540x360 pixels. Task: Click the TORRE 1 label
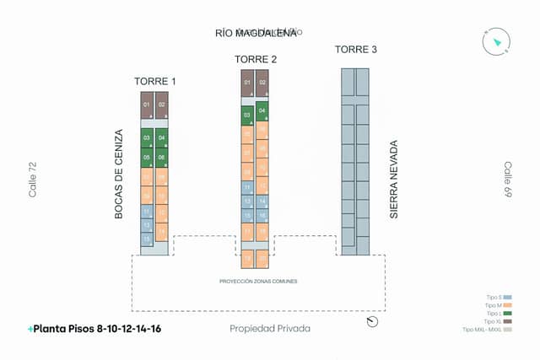click(x=155, y=82)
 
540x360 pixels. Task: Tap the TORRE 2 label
click(x=256, y=59)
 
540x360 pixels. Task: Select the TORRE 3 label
click(x=356, y=50)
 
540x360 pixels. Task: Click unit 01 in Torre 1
click(x=147, y=105)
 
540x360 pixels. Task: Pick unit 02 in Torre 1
click(x=161, y=105)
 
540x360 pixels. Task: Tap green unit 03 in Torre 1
click(x=147, y=137)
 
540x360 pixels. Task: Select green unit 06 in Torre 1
click(x=161, y=158)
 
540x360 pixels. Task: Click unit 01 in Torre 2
click(x=247, y=83)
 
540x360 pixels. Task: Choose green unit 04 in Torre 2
click(x=262, y=110)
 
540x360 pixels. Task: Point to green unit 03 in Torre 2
click(x=247, y=115)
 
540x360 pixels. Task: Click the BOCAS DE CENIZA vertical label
click(x=119, y=175)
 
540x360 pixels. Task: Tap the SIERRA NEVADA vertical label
click(x=394, y=180)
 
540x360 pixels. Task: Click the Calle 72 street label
click(x=33, y=180)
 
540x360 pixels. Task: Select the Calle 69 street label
click(x=509, y=180)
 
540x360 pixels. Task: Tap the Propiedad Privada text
click(x=270, y=329)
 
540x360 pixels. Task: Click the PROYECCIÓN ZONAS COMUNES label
click(x=258, y=281)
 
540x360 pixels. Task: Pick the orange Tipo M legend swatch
click(x=507, y=305)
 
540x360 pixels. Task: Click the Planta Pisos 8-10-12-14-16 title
click(x=94, y=329)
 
